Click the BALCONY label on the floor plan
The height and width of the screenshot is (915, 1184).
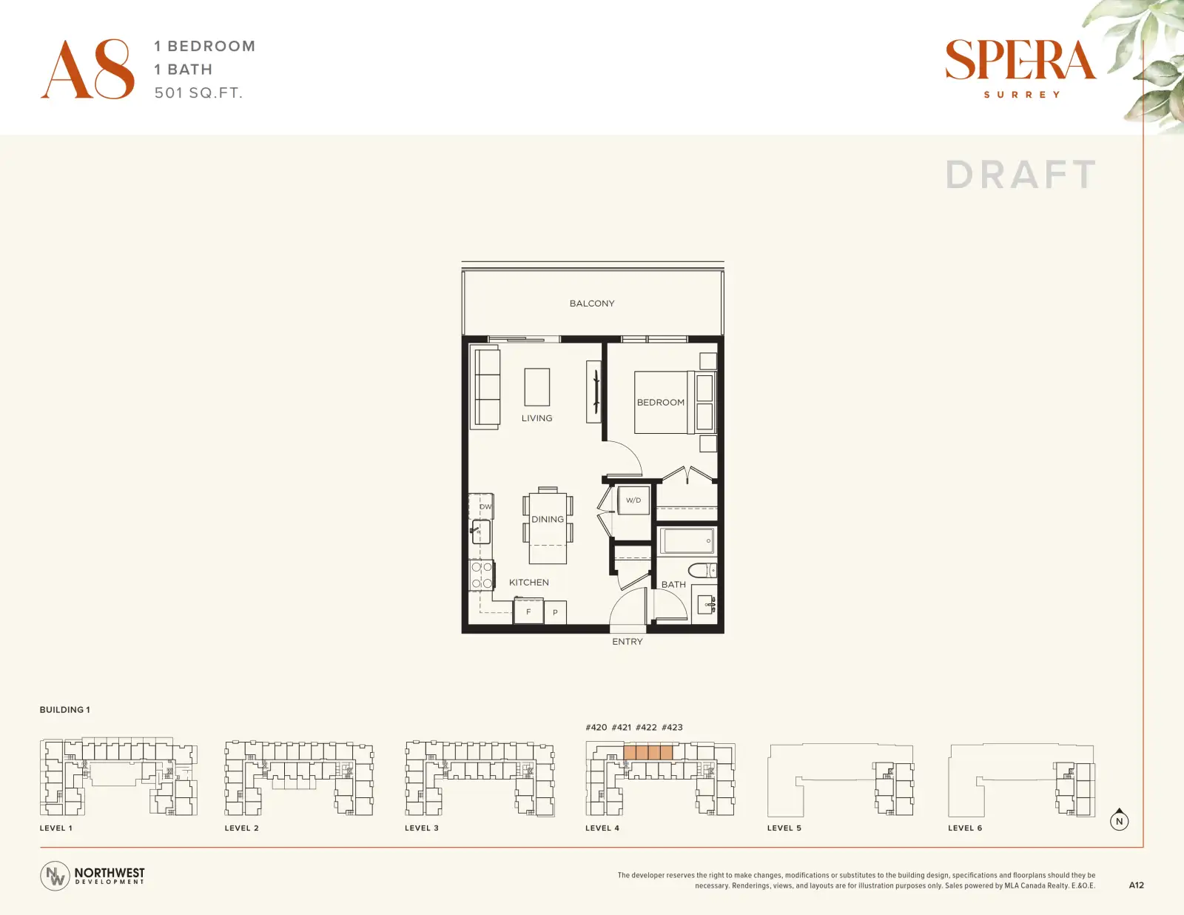click(592, 304)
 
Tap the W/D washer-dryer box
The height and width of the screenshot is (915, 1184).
click(633, 500)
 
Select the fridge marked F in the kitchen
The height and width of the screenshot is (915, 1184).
click(528, 611)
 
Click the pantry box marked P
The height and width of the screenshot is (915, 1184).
click(555, 612)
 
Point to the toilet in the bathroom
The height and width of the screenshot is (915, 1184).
click(702, 571)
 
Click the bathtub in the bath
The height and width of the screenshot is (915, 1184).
click(687, 540)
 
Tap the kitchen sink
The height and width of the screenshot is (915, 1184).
click(480, 532)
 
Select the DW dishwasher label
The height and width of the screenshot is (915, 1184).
click(485, 507)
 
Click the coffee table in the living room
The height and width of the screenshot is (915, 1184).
click(536, 387)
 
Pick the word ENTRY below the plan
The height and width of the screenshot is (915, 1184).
click(627, 642)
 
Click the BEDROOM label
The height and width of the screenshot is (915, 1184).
click(660, 402)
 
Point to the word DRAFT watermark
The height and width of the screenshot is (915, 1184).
click(1020, 175)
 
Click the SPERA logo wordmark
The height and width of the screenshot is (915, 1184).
click(1020, 60)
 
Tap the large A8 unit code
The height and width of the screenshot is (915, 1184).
click(87, 69)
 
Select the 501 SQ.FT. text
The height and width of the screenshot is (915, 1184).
click(198, 93)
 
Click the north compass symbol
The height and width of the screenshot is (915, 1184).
click(1119, 820)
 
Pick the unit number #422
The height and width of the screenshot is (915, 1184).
click(646, 728)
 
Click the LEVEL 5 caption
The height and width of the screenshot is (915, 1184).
click(784, 828)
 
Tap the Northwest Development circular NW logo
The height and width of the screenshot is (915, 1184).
click(55, 876)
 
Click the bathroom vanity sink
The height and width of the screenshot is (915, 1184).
click(707, 604)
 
